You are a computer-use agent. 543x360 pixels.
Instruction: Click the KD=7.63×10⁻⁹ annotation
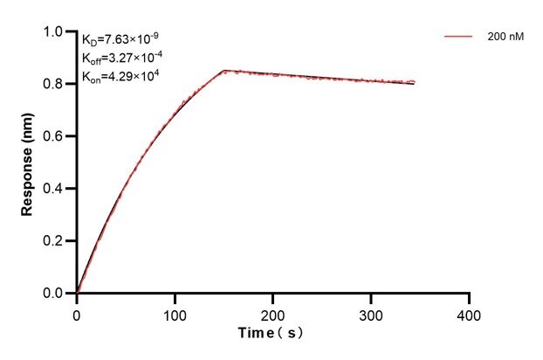point(120,39)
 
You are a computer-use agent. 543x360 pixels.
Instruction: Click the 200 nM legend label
point(505,38)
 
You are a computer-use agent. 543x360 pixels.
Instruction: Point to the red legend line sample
point(458,38)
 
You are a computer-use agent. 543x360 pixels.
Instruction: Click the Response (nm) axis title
point(28,162)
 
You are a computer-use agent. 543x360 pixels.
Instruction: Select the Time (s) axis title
point(272,334)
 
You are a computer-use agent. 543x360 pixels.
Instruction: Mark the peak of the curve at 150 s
point(224,71)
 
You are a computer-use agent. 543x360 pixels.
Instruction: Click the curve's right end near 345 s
point(415,83)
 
